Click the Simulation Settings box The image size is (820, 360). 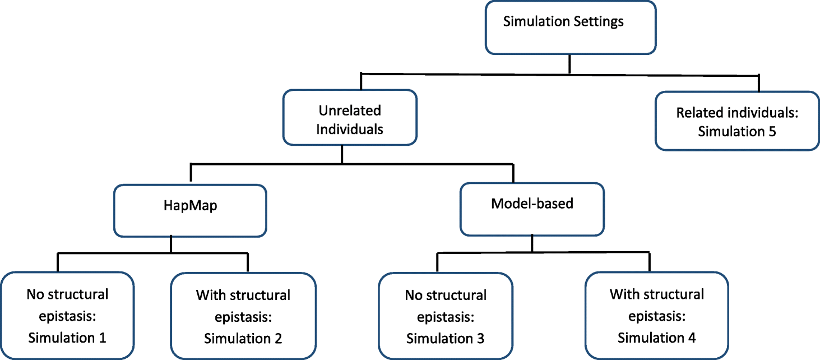point(570,27)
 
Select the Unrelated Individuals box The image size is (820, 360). point(350,118)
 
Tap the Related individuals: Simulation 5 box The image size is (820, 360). point(736,121)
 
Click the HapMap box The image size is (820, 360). point(190,211)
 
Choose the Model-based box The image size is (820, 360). point(531,208)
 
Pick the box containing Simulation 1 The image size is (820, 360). point(67,316)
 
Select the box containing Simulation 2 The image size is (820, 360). point(243,316)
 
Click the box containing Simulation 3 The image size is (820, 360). point(446,316)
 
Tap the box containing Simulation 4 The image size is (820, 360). point(656,316)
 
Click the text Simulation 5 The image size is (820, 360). point(736,132)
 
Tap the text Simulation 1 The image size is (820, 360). point(67,338)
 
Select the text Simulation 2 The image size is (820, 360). point(243,339)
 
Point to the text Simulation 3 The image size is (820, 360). point(446,339)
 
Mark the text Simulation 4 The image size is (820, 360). point(656,338)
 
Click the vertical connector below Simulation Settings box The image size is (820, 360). point(569,64)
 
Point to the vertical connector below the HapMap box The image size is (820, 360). point(171,245)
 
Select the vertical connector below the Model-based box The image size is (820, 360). point(531,244)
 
